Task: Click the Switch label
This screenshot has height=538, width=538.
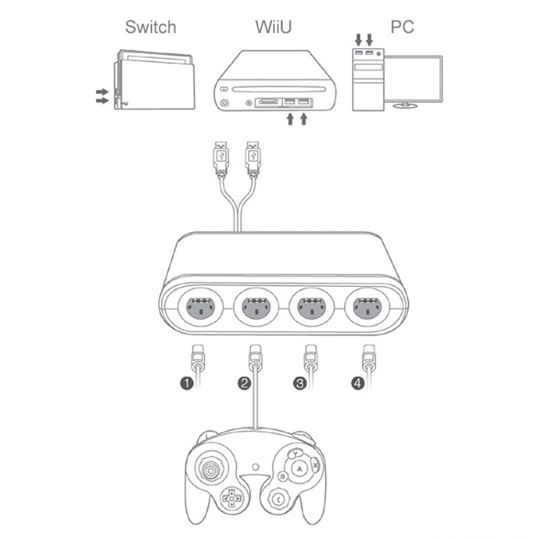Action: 151,27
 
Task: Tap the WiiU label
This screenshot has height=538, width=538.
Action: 272,27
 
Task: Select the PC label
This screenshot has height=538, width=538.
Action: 402,27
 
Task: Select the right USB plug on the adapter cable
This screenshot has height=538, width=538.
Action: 254,158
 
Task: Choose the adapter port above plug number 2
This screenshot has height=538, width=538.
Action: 254,309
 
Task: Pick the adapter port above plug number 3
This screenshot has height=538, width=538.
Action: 309,309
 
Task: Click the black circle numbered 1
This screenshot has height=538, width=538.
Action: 186,384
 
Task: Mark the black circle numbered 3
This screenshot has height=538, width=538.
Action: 300,384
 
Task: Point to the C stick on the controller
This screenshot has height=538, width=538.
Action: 278,498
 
